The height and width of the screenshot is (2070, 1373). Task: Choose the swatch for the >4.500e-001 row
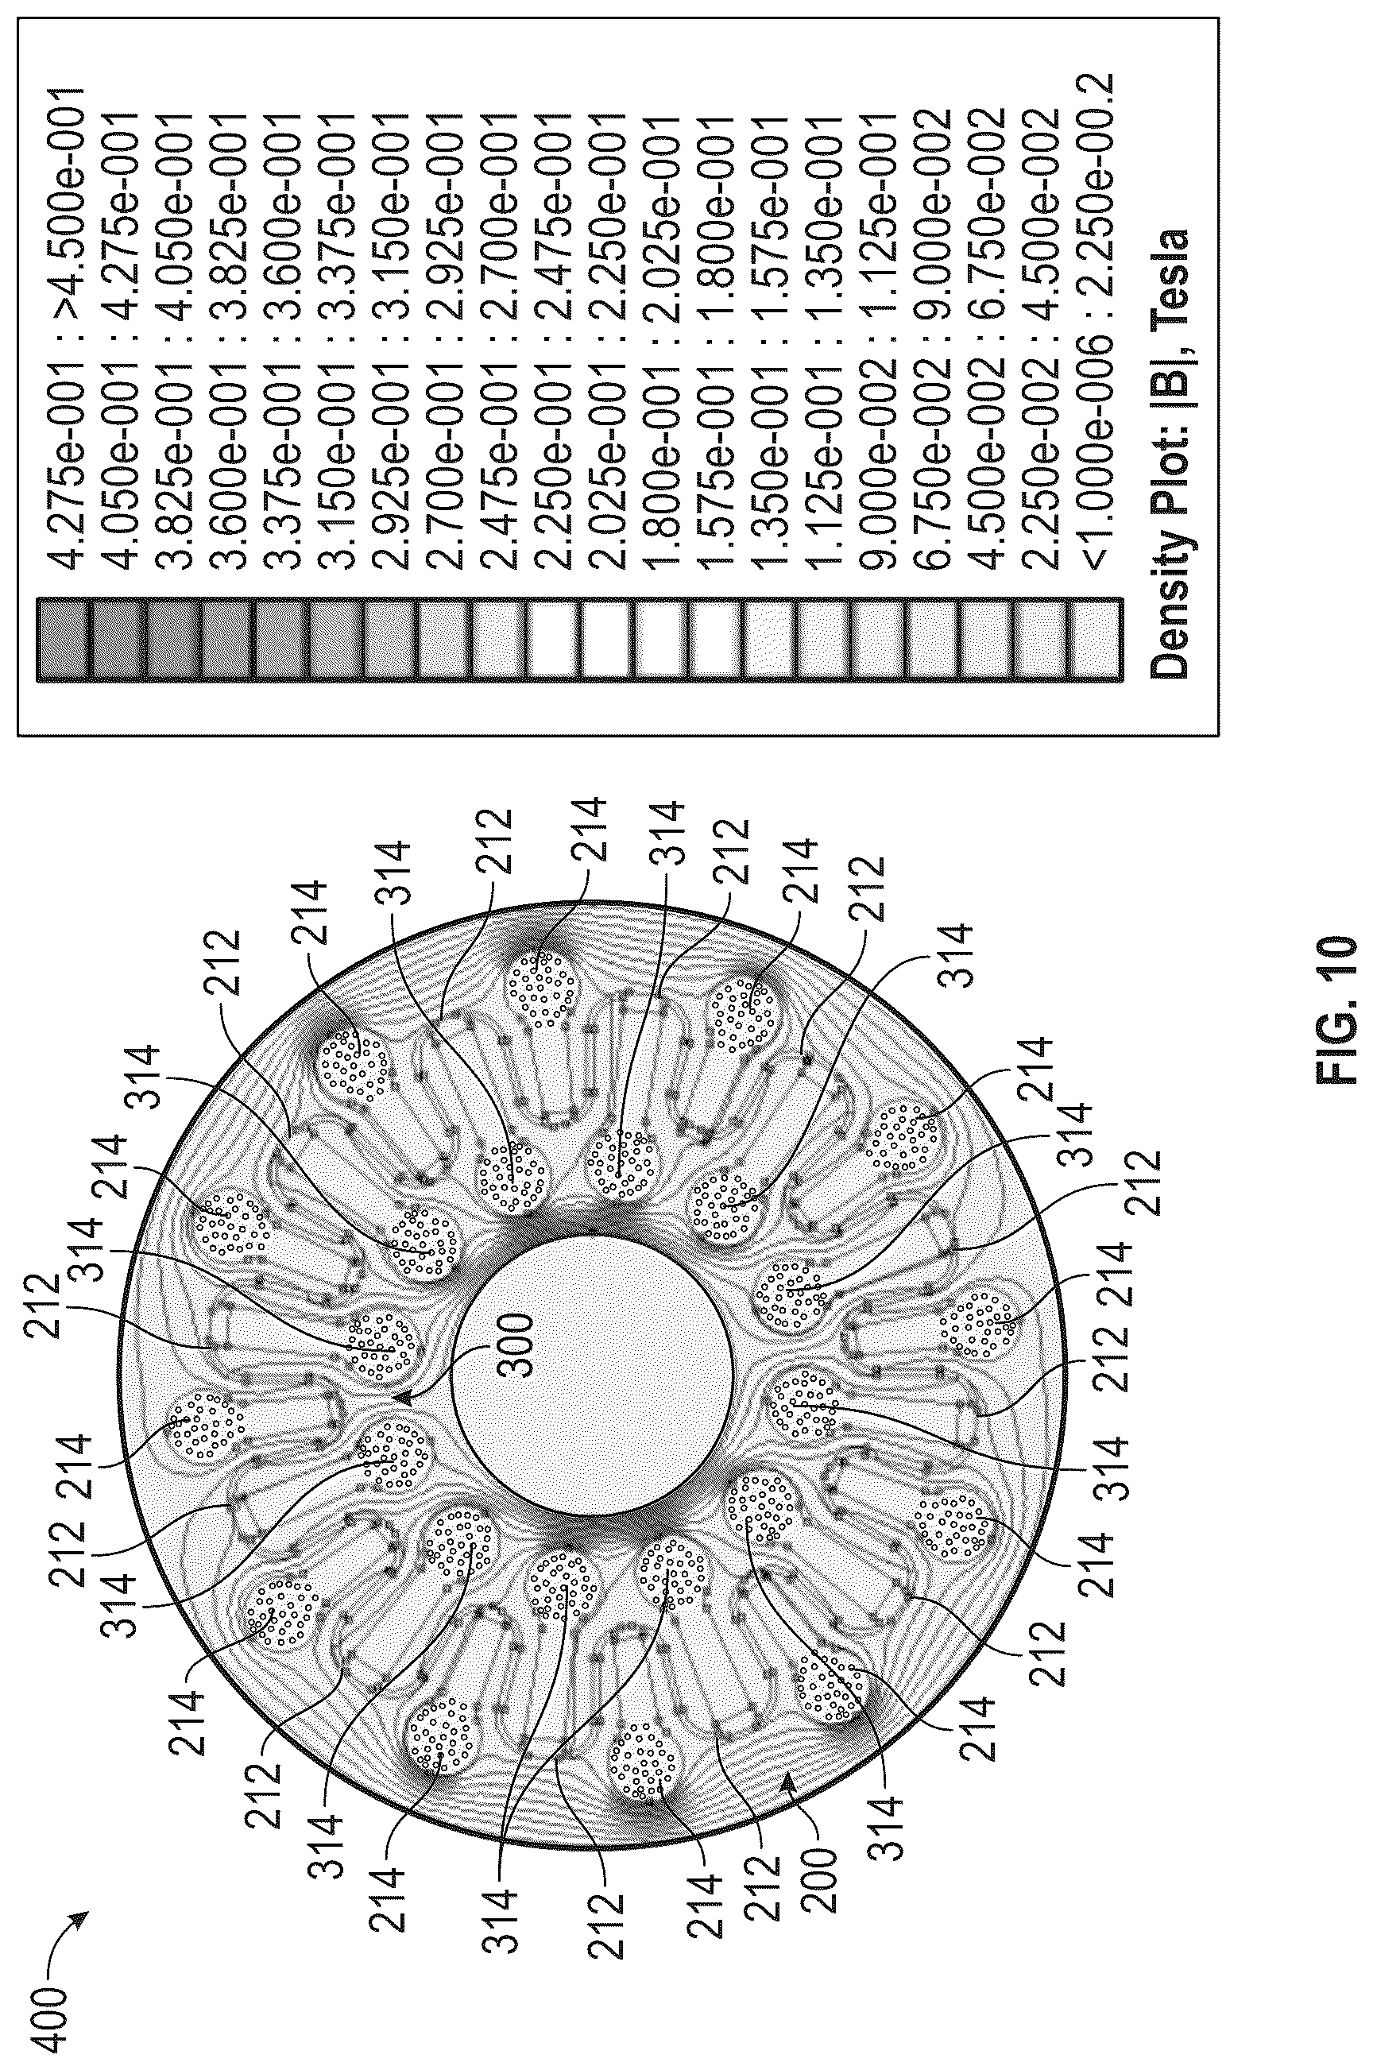tap(63, 638)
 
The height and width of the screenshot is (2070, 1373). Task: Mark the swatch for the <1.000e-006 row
tap(1095, 638)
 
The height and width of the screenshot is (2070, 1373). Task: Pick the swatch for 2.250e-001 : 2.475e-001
tap(553, 638)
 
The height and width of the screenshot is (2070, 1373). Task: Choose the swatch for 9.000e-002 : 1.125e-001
tap(877, 638)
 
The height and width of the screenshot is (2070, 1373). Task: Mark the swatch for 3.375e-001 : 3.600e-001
tap(282, 638)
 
